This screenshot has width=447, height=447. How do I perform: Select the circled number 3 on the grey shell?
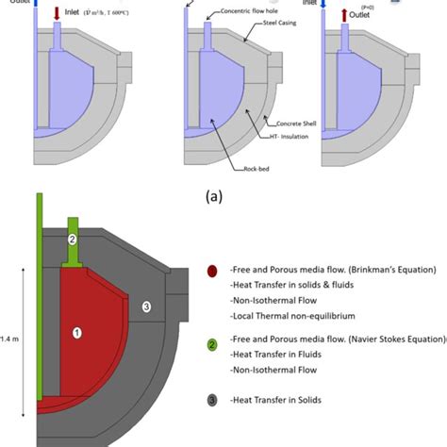pyautogui.click(x=145, y=306)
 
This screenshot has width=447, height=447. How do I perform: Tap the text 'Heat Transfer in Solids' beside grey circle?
pyautogui.click(x=282, y=400)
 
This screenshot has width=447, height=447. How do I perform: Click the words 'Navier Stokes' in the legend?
pyautogui.click(x=362, y=346)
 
